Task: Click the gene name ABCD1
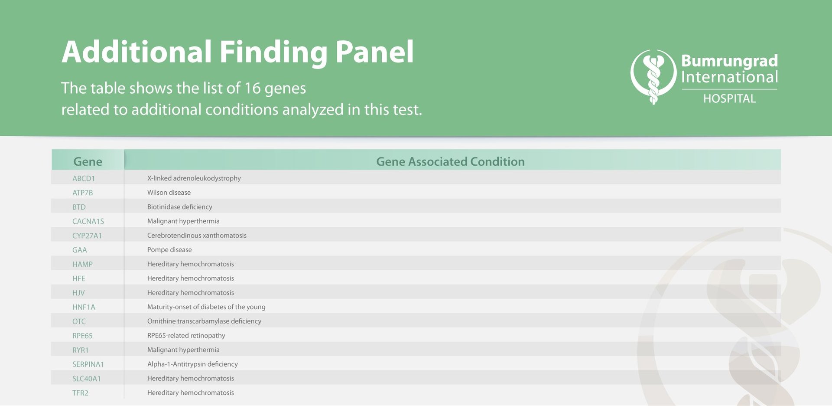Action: click(x=84, y=178)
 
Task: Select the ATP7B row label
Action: click(x=82, y=193)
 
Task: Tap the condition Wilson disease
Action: click(x=169, y=193)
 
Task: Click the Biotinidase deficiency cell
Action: click(x=179, y=207)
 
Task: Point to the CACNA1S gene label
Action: click(x=88, y=221)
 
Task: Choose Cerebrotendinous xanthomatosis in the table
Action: click(x=197, y=236)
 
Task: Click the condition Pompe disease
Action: click(x=169, y=250)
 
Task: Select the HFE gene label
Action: click(x=78, y=278)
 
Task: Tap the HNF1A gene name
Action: click(x=84, y=307)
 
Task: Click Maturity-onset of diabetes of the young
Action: click(x=206, y=307)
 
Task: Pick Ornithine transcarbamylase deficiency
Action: click(x=204, y=321)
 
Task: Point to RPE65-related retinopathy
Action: click(x=186, y=336)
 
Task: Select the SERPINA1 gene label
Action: click(x=88, y=364)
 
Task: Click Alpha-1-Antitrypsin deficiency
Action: click(x=192, y=364)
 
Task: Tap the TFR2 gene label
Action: click(x=80, y=393)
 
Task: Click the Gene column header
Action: click(x=88, y=162)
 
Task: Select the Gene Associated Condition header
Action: click(x=450, y=162)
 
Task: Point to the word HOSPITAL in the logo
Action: click(x=729, y=99)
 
